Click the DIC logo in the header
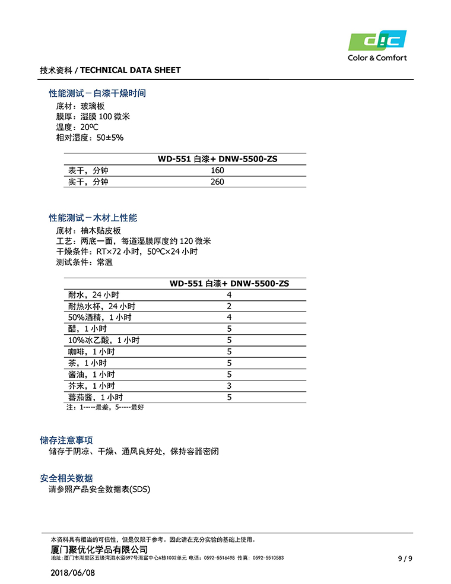point(377,42)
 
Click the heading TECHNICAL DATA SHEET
point(130,70)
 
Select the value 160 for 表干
point(217,170)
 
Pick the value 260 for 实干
point(217,182)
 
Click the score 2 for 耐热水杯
point(229,306)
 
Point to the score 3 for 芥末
point(229,386)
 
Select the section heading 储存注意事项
point(66,440)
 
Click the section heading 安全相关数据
point(66,478)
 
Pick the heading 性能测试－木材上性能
point(93,218)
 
